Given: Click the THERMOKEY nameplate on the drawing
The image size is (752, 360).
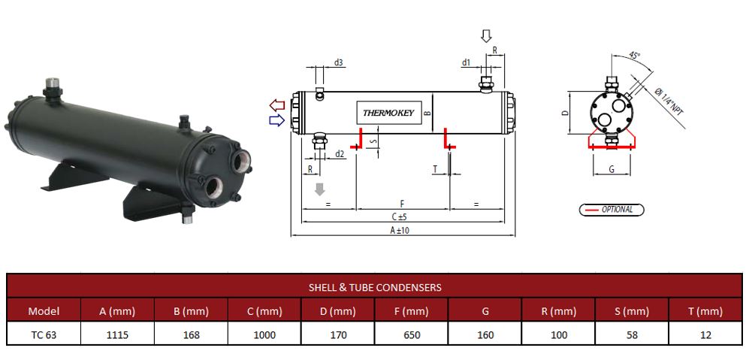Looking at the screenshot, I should [388, 113].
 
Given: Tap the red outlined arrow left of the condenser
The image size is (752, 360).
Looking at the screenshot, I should [277, 104].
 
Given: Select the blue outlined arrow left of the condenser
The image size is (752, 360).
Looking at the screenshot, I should [277, 119].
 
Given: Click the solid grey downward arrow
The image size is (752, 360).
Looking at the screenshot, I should [320, 189].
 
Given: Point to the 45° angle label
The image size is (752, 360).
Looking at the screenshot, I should [634, 56].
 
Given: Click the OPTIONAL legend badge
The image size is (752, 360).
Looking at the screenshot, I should [612, 210].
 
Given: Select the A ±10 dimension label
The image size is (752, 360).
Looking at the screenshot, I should [400, 230].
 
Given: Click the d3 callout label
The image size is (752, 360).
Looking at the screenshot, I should [339, 62].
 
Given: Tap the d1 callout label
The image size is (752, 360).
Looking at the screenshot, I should [467, 62].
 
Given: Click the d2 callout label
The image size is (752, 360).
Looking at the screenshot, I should [340, 154].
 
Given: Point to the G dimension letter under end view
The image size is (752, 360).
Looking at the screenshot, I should [612, 170].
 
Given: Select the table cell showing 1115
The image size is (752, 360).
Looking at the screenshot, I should [117, 335].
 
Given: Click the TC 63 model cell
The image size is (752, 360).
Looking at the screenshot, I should [43, 335].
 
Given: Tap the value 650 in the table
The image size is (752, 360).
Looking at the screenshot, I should [412, 335].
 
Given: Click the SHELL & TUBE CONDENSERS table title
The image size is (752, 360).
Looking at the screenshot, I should [375, 287].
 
